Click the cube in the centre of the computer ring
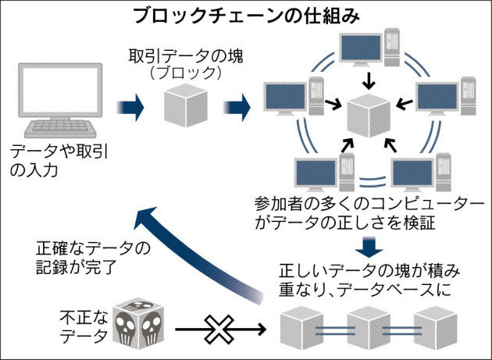pos(368,116)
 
